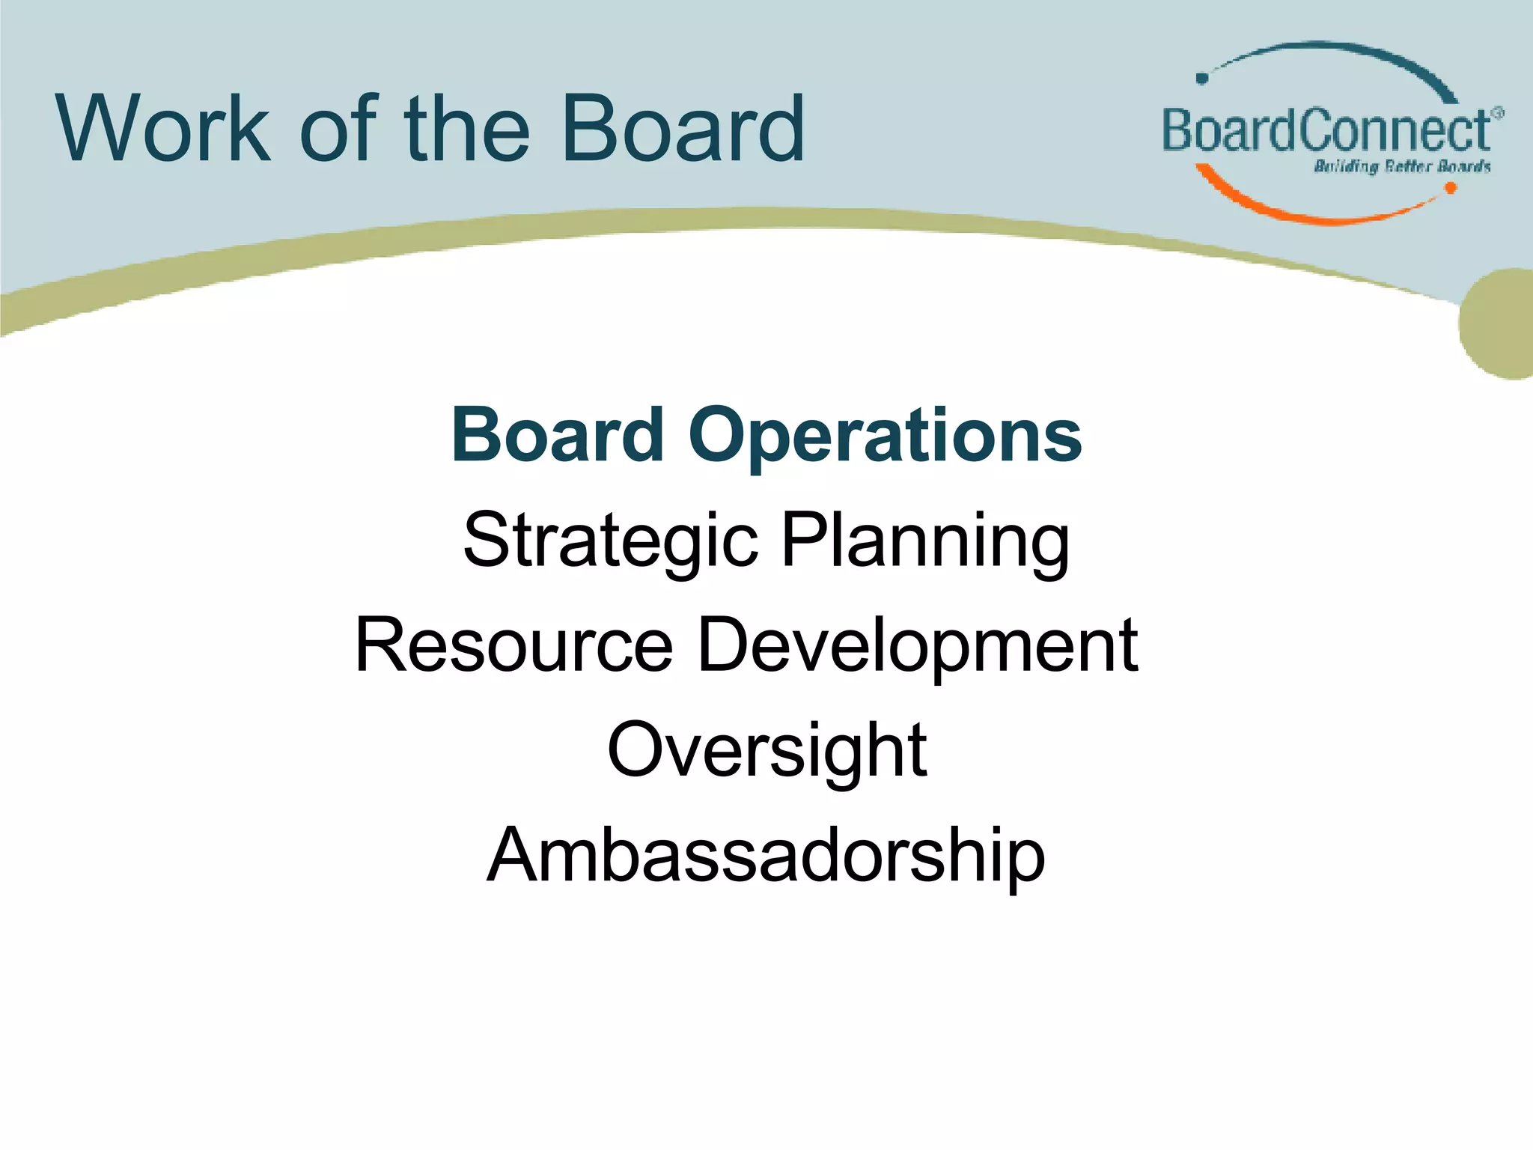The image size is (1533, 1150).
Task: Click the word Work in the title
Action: click(163, 129)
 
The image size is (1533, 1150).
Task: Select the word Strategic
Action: click(610, 541)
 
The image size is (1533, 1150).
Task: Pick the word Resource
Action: click(513, 645)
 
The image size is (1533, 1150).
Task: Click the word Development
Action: click(918, 645)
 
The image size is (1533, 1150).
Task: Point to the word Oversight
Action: click(766, 750)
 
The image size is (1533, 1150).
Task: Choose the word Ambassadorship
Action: click(766, 855)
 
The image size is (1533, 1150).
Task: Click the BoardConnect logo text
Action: click(1325, 132)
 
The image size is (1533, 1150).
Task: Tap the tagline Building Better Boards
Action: click(1402, 166)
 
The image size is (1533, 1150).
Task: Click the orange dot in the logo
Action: click(1450, 188)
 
